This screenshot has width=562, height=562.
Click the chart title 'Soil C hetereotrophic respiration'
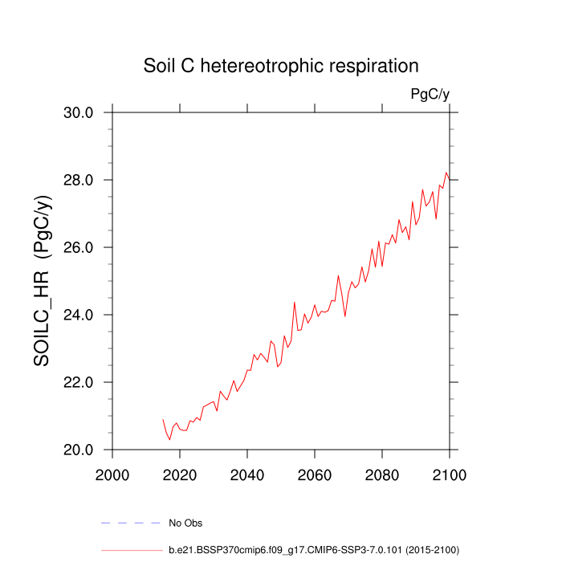pos(281,65)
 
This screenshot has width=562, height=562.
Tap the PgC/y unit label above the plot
pos(430,95)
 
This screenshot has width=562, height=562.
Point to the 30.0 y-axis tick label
pos(79,112)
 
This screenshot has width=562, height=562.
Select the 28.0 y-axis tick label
pos(79,180)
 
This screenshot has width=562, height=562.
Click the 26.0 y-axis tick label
pos(79,247)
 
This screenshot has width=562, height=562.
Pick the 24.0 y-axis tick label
pos(79,315)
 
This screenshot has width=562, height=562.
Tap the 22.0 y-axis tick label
pos(79,382)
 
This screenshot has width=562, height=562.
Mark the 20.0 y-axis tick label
pos(79,450)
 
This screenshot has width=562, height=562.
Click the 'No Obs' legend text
pos(185,523)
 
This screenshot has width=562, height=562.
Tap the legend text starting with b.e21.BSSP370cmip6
pos(313,550)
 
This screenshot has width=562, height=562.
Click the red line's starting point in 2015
pos(163,419)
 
